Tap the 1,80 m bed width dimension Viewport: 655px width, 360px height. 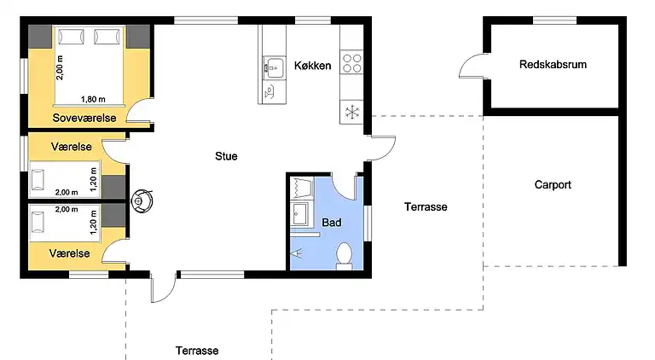(x=94, y=99)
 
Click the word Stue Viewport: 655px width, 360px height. (x=226, y=156)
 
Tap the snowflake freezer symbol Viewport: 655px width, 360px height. (x=351, y=112)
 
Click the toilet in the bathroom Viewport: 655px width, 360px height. (x=345, y=254)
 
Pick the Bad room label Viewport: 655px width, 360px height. (x=331, y=223)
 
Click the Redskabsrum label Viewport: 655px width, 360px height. (x=553, y=65)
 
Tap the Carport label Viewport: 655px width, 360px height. (x=553, y=184)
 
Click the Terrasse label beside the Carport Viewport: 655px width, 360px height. (x=426, y=206)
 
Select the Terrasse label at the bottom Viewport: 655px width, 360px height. (x=197, y=351)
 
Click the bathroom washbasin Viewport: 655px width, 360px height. (x=300, y=212)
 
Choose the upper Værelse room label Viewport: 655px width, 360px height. (x=71, y=147)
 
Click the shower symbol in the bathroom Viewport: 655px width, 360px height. (x=298, y=253)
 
